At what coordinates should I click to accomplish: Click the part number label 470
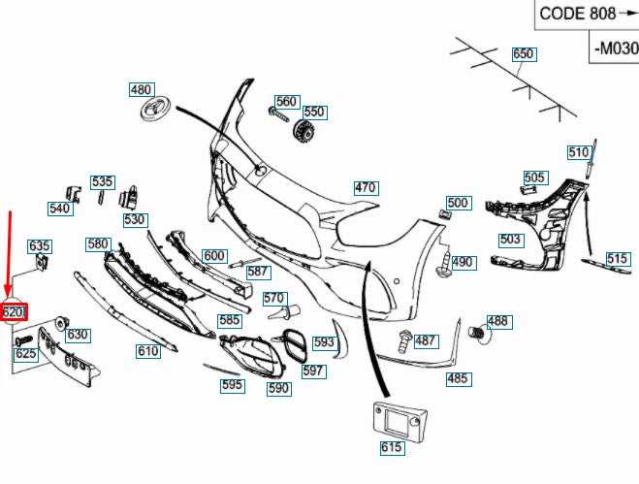(x=365, y=187)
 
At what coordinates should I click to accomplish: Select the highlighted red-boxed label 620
(x=14, y=312)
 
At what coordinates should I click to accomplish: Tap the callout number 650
(x=523, y=54)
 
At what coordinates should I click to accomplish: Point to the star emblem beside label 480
(x=155, y=110)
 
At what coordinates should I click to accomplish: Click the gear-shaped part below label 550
(x=305, y=132)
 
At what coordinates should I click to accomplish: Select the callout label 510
(x=579, y=151)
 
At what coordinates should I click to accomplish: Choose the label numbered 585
(x=229, y=320)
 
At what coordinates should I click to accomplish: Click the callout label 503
(x=510, y=240)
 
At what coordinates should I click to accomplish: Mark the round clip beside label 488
(x=477, y=334)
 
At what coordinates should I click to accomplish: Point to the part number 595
(x=232, y=385)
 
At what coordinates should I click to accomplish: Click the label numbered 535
(x=103, y=181)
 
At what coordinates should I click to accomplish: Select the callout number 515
(x=618, y=258)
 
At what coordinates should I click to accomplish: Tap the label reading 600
(x=214, y=256)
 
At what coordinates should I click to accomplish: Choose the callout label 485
(x=457, y=378)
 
